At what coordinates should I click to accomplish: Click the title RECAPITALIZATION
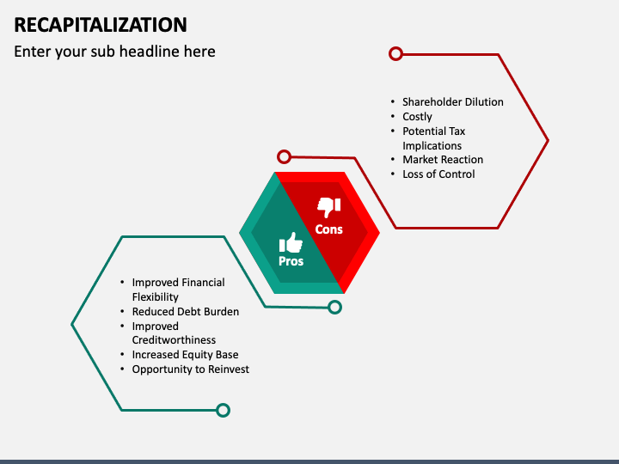[101, 23]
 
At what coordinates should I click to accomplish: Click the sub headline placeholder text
[114, 52]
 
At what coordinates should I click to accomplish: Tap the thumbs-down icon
[329, 206]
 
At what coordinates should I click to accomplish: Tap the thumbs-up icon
[291, 241]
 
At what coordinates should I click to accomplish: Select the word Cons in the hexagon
[329, 229]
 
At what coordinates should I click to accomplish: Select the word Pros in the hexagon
[291, 261]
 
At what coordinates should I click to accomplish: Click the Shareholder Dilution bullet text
[452, 101]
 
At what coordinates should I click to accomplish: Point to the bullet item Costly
[417, 116]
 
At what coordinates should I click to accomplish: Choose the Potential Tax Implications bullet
[433, 138]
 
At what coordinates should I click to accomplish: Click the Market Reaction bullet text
[442, 159]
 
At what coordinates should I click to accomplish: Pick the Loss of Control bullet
[438, 174]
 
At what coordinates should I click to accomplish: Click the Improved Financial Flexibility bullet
[178, 290]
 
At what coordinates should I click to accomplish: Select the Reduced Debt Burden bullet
[185, 311]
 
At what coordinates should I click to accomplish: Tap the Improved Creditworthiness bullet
[174, 333]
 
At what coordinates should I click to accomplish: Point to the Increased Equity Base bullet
[185, 354]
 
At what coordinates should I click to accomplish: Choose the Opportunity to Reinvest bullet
[190, 369]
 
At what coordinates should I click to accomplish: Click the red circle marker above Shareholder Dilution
[395, 53]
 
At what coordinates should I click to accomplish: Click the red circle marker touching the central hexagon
[284, 156]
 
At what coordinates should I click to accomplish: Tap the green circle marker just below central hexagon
[334, 307]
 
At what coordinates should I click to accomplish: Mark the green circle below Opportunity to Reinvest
[223, 410]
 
